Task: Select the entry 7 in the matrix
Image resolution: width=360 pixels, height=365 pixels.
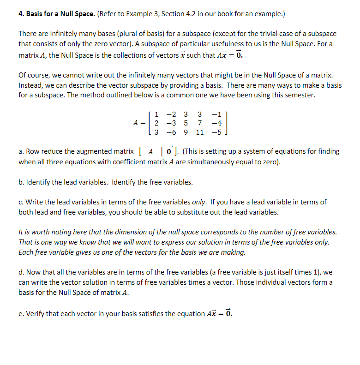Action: click(x=199, y=123)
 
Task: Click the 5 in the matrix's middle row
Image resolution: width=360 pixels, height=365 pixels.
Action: click(x=186, y=123)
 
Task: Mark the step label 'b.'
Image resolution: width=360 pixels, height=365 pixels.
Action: click(x=21, y=182)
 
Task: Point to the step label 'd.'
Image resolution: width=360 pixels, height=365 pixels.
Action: click(x=21, y=272)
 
